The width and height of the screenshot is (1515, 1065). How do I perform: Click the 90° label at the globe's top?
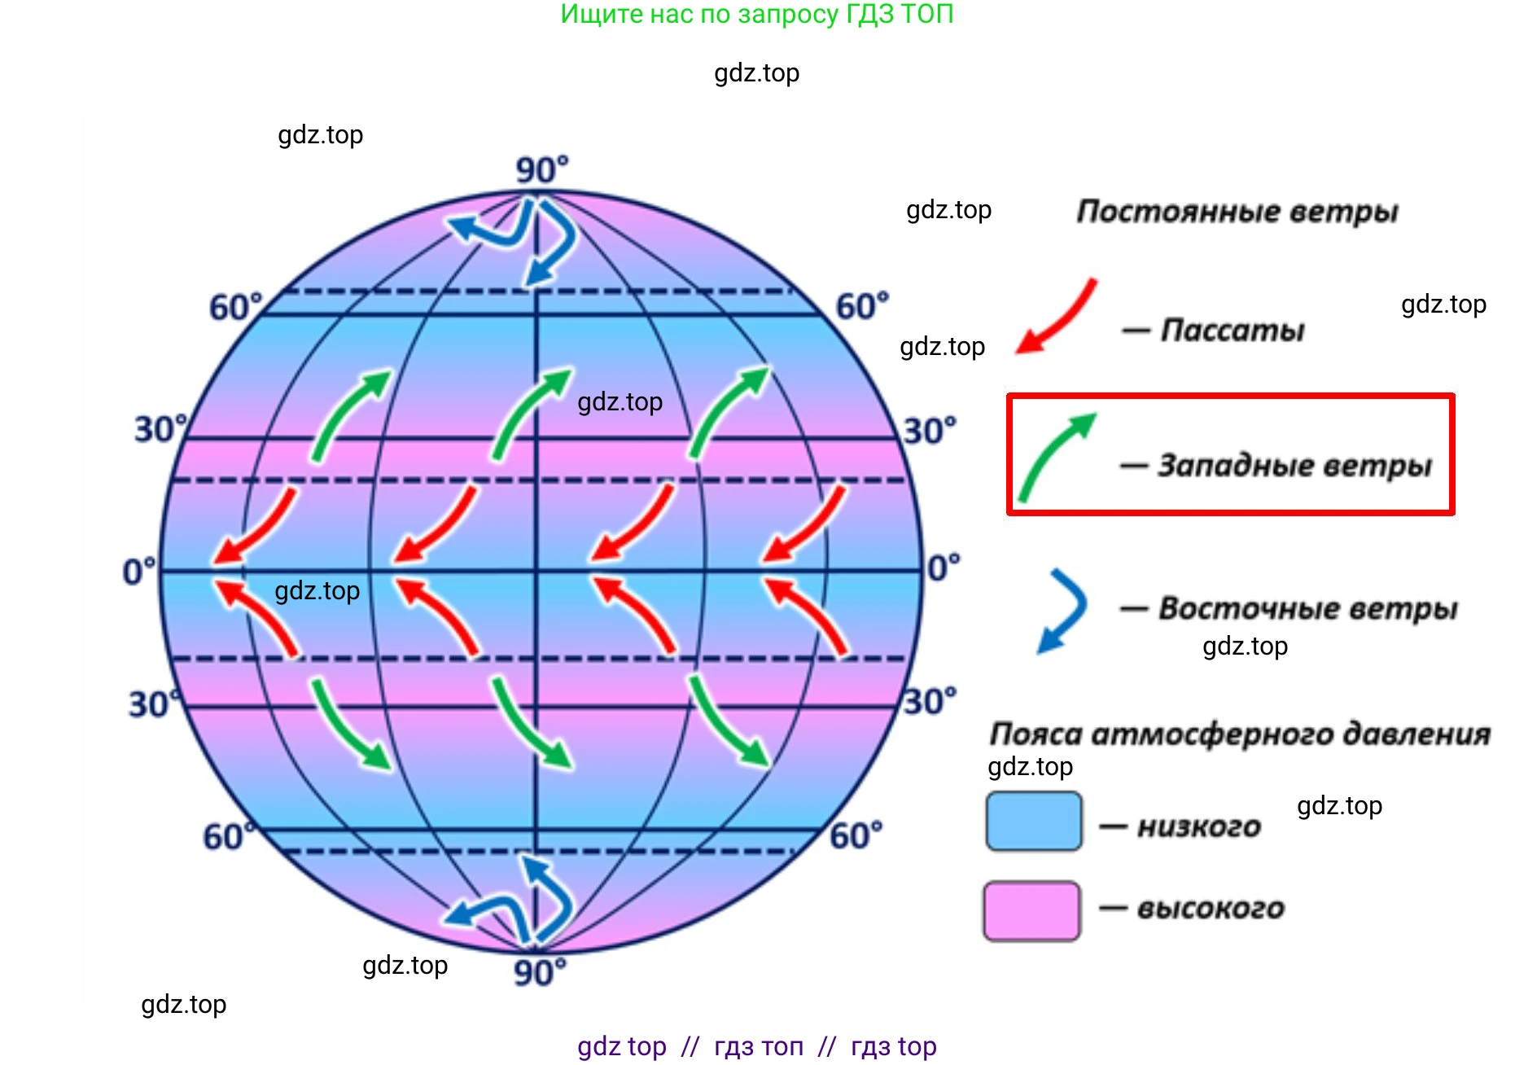point(542,170)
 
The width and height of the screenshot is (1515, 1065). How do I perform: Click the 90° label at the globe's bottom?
point(540,972)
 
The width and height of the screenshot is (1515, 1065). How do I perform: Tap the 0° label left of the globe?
point(139,572)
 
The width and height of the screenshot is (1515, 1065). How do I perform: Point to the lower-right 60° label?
point(856,835)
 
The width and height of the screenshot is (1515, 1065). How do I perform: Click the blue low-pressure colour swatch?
point(1034,821)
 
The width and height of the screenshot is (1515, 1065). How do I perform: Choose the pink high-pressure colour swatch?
point(1032,910)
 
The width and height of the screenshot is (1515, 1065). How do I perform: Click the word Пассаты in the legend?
point(1233,331)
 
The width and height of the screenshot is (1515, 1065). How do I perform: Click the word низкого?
point(1199,827)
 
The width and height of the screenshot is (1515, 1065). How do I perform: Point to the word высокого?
point(1211,908)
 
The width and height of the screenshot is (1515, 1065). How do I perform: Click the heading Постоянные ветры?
point(1237,212)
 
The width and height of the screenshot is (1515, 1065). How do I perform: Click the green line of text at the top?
point(757,15)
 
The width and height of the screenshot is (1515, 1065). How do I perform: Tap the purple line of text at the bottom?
point(757,1046)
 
